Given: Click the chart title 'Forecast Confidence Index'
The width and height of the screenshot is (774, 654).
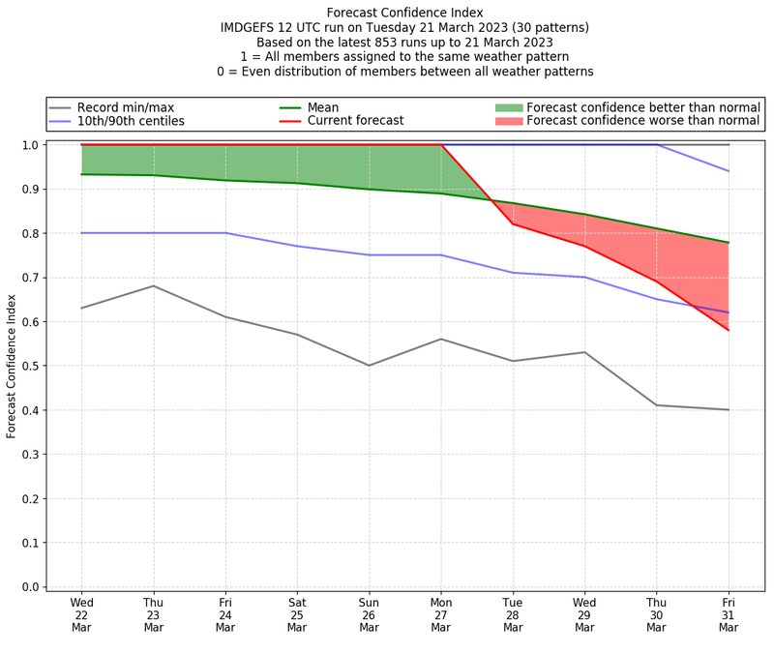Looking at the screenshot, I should tap(404, 13).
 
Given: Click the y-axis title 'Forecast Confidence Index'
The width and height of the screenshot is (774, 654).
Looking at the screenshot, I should tap(12, 367).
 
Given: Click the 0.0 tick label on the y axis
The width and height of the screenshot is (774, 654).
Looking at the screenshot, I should tap(29, 587).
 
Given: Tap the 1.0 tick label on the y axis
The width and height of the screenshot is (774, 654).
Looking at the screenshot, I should tap(29, 145).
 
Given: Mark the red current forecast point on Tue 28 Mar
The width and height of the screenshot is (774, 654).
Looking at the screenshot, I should tap(513, 224).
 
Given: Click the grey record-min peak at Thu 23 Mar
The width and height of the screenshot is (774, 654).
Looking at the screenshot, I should tap(154, 285).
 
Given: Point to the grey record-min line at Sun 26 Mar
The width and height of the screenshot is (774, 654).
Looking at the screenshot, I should tap(369, 366).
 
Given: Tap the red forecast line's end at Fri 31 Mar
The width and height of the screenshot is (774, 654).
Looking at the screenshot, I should tap(728, 330).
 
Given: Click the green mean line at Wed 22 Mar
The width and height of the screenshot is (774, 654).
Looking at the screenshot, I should tap(82, 174).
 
